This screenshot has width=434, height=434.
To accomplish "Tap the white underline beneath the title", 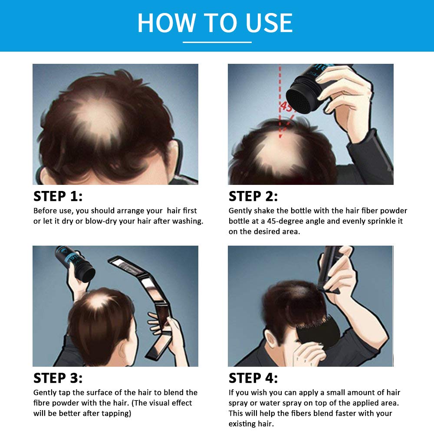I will [x=217, y=42].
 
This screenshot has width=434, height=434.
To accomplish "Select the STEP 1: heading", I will [x=58, y=196].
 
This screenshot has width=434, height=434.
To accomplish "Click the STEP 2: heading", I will [x=253, y=196].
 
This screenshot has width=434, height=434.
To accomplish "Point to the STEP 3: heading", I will [x=58, y=378].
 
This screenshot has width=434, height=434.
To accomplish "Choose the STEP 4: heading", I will [x=253, y=378].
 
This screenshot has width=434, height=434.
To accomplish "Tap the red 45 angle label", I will [x=287, y=106].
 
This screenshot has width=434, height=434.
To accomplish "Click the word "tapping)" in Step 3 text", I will [x=114, y=413].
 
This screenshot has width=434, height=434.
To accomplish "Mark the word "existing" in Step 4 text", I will [x=243, y=424].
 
